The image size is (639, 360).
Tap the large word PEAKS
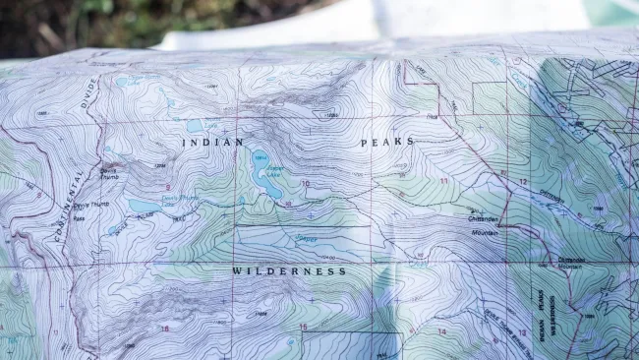pyautogui.click(x=387, y=143)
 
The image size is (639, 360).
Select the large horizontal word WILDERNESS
pyautogui.click(x=289, y=270)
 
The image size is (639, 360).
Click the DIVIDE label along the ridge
pyautogui.click(x=92, y=93)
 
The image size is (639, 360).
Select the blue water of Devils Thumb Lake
pyautogui.click(x=144, y=207)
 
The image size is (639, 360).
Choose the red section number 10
pyautogui.click(x=306, y=184)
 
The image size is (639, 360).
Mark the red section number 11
pyautogui.click(x=443, y=182)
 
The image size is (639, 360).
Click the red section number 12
pyautogui.click(x=523, y=183)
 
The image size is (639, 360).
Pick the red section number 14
pyautogui.click(x=441, y=331)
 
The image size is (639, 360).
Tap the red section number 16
pyautogui.click(x=164, y=329)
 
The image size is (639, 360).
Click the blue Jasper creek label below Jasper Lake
pyautogui.click(x=307, y=239)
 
